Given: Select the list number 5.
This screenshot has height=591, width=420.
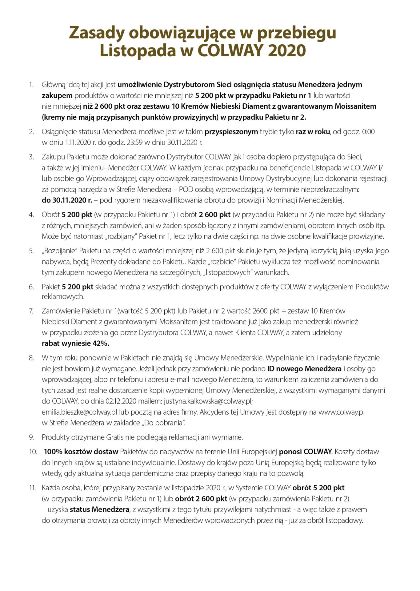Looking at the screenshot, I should point(31,251).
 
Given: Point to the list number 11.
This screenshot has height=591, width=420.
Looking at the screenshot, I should point(32,488).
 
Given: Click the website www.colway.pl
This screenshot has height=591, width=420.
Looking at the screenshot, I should point(341,412).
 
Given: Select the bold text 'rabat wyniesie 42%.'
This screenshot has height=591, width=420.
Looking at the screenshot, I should point(75,343).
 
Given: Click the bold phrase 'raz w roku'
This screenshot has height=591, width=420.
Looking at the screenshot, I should point(313,132).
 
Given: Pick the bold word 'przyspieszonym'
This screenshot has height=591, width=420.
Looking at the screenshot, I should point(231,132).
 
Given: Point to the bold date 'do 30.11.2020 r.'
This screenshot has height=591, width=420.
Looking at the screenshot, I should point(67,200).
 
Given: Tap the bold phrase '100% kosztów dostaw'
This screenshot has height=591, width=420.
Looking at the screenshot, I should point(81,452).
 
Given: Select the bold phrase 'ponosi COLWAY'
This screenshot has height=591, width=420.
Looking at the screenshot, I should point(305,452).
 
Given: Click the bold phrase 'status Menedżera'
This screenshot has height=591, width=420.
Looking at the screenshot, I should point(99,509).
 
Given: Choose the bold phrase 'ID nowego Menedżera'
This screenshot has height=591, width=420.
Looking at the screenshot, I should point(304,368).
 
